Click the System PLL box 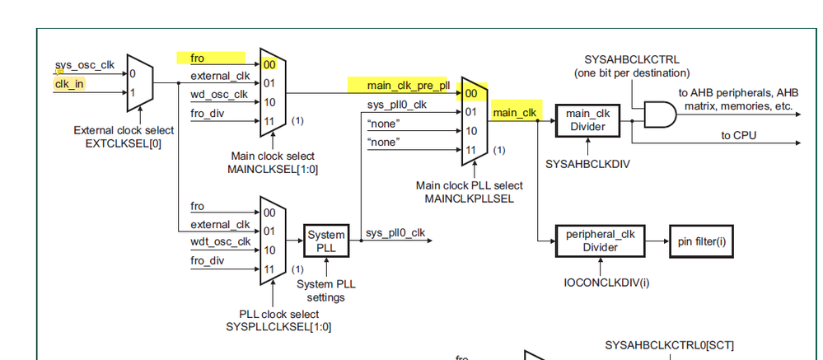pyautogui.click(x=327, y=241)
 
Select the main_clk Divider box pyautogui.click(x=587, y=119)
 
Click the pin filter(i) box pyautogui.click(x=700, y=241)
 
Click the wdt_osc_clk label pyautogui.click(x=221, y=241)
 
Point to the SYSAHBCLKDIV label pyautogui.click(x=587, y=164)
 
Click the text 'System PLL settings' pyautogui.click(x=327, y=291)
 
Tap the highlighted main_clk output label pyautogui.click(x=515, y=112)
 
